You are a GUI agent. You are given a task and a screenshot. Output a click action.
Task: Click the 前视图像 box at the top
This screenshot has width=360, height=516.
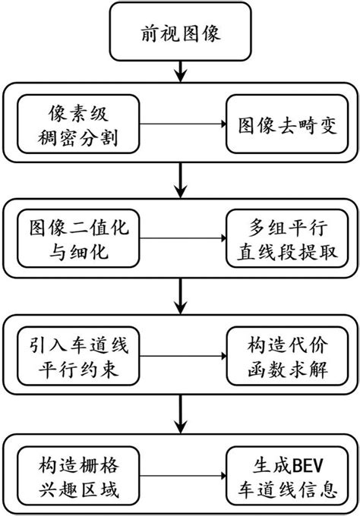pos(180,33)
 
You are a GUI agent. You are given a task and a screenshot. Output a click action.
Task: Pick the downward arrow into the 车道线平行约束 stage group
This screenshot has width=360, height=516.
pos(180,299)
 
